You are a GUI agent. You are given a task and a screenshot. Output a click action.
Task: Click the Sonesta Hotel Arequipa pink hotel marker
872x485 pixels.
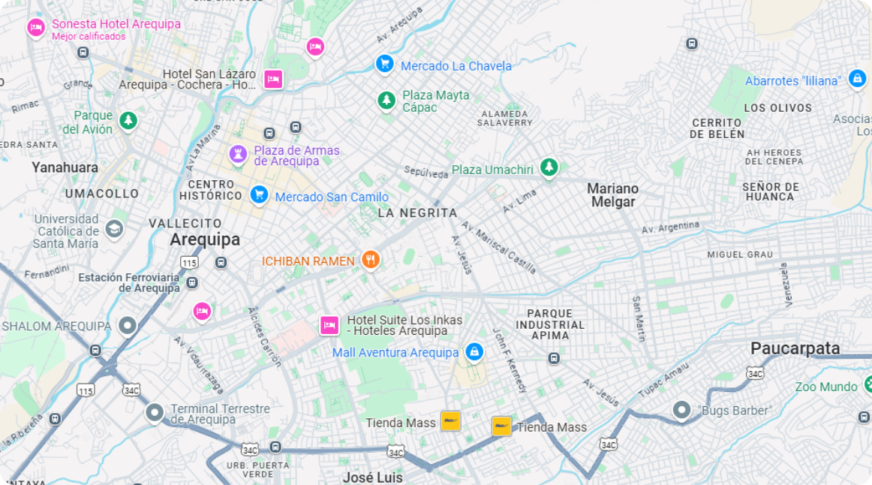point(36,28)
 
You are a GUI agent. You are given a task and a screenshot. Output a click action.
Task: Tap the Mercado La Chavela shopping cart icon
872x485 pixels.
point(385,64)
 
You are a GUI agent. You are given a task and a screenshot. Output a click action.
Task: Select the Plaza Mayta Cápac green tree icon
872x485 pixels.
point(386,99)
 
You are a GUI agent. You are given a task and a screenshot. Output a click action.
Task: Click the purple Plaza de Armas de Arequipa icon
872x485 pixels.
point(238,155)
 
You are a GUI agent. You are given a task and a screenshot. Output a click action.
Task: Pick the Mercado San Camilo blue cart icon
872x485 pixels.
point(259,194)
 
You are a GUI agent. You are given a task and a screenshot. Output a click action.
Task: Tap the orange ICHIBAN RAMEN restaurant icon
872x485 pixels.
point(370,260)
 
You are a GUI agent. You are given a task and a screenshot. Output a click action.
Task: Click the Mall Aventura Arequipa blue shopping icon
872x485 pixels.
point(474,351)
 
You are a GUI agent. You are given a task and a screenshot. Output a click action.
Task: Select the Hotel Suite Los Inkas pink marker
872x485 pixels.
point(329,325)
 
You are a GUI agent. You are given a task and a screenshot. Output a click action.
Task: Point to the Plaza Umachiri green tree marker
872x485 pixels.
point(549,167)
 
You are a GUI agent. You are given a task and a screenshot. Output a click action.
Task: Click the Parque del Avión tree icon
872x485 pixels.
point(129,119)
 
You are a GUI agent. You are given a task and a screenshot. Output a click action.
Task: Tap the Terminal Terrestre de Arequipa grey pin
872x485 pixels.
point(155,412)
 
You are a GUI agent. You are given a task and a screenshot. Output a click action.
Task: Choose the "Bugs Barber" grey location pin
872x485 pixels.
point(681,410)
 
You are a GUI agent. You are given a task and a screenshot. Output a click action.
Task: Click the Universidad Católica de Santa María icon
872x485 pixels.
point(114,228)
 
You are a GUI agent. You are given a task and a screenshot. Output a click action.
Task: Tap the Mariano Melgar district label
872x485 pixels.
point(612,195)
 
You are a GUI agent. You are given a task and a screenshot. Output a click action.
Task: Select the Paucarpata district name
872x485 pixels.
point(795,348)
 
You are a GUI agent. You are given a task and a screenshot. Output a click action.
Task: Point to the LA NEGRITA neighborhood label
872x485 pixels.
point(417,213)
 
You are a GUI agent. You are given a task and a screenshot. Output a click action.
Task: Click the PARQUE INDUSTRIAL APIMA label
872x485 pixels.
point(549,324)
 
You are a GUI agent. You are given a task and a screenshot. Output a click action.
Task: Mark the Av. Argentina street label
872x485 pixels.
point(670,227)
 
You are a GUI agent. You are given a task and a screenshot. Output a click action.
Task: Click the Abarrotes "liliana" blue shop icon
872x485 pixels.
point(857,78)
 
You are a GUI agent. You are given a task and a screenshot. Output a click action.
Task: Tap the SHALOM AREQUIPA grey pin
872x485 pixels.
point(128,326)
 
